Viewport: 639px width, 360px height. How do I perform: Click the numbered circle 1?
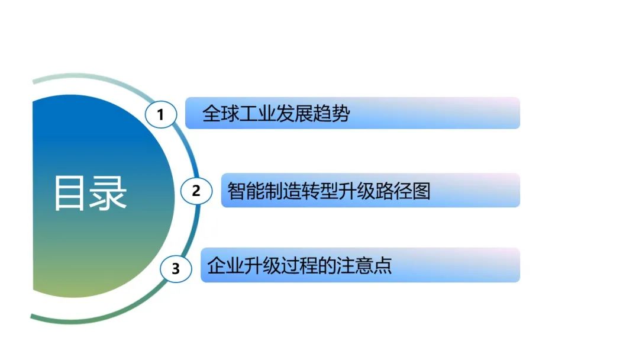coord(161,114)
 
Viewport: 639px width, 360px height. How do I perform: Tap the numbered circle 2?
coord(196,191)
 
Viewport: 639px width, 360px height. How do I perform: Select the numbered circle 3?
coord(176,269)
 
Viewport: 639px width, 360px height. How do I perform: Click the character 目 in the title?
coord(69,193)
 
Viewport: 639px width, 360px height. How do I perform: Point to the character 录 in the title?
coord(108,193)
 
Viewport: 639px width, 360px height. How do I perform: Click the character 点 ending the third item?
coord(383,265)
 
